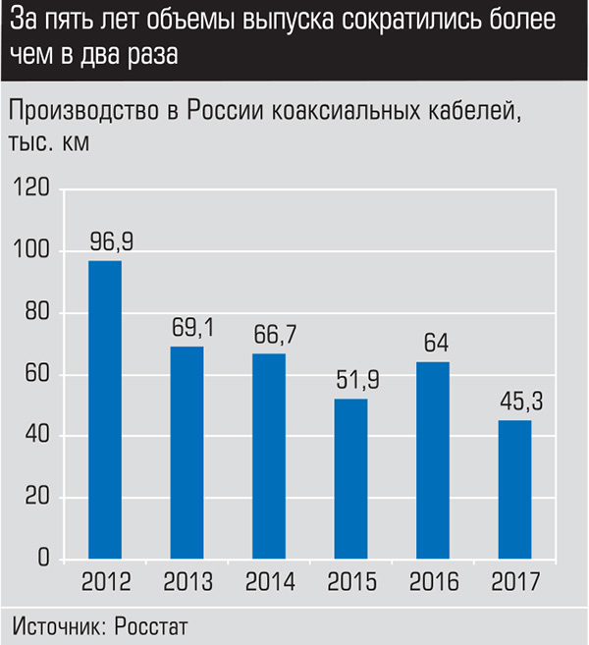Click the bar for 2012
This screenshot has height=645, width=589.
(x=105, y=409)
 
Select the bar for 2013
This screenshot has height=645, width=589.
(x=187, y=453)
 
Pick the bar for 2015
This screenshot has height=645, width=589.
(x=351, y=479)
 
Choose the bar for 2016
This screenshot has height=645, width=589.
(x=434, y=460)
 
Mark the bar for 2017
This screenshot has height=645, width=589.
(x=515, y=490)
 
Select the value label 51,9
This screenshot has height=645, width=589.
(x=351, y=380)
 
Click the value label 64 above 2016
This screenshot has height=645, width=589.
(x=434, y=344)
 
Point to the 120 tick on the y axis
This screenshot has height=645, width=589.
(x=32, y=189)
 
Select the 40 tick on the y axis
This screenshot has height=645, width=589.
(x=36, y=436)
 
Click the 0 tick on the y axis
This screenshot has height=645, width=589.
(x=44, y=559)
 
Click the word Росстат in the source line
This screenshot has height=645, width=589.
(x=150, y=625)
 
